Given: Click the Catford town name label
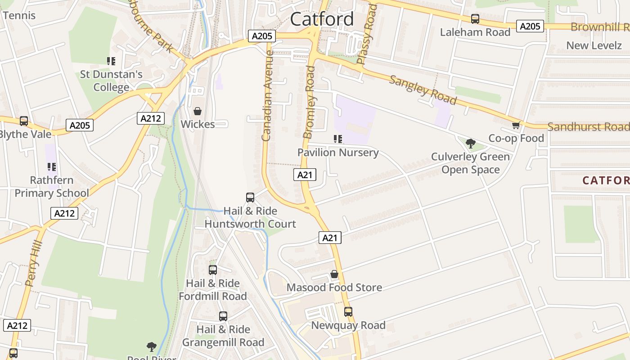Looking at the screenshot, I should coord(322,19).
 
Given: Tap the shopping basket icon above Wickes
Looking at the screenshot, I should coord(198,111).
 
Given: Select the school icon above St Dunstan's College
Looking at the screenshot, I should coord(111,61).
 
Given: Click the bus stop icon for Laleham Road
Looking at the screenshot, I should coord(475,19).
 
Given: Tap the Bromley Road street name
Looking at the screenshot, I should coord(309,102).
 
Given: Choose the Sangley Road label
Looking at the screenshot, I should coord(423,90).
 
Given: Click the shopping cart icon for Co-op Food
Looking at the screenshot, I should coord(516,125).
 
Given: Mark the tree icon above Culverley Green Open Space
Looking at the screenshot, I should coord(471,144).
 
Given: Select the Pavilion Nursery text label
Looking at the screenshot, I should coord(338,153).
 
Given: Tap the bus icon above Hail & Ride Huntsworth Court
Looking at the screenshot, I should coord(250,197).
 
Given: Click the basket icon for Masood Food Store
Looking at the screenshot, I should coord(334,274).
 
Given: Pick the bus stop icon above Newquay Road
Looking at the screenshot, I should coord(348,311).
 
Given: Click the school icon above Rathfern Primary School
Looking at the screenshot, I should coord(52,167).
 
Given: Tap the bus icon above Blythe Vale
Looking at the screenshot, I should coord(24,121).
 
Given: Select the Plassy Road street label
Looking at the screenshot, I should coord(365,34).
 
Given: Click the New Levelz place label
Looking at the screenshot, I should coord(594,45).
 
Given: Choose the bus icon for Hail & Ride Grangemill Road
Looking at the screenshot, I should coord(223,316).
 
